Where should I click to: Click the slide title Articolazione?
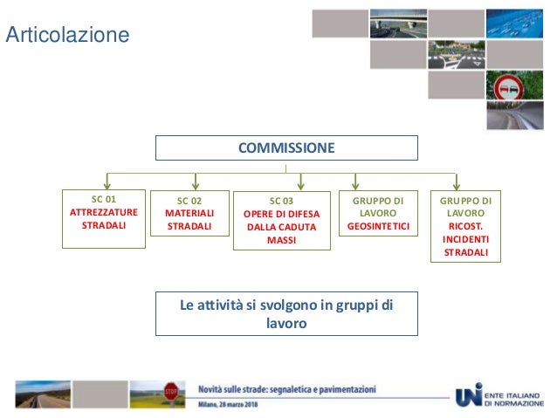pyautogui.click(x=67, y=35)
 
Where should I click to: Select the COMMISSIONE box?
pyautogui.click(x=286, y=148)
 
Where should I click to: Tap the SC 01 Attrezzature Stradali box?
pyautogui.click(x=104, y=218)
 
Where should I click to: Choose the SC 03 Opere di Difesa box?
pyautogui.click(x=283, y=221)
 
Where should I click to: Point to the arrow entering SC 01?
pyautogui.click(x=107, y=181)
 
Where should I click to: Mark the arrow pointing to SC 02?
pyautogui.click(x=195, y=181)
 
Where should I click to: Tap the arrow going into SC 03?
pyautogui.click(x=300, y=181)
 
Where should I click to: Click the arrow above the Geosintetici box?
pyautogui.click(x=355, y=181)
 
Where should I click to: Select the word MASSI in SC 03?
pyautogui.click(x=283, y=240)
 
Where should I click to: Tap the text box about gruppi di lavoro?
pyautogui.click(x=286, y=313)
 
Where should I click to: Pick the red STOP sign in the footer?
pyautogui.click(x=171, y=390)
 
